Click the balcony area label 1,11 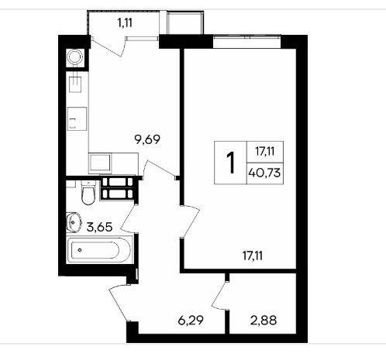coord(125,23)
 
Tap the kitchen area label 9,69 coord(147,139)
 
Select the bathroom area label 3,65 coord(99,228)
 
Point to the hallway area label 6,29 coord(191,321)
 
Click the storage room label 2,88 coord(264,321)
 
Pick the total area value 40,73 coord(264,173)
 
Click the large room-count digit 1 coord(230,163)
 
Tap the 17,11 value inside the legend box coord(265,151)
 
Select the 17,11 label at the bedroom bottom coord(253,255)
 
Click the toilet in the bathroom coord(88,193)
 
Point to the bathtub coord(100,250)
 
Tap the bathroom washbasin coord(73,222)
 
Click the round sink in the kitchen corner coord(74,57)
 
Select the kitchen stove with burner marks coord(77,119)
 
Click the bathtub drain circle coord(80,250)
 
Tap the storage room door coord(219,295)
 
